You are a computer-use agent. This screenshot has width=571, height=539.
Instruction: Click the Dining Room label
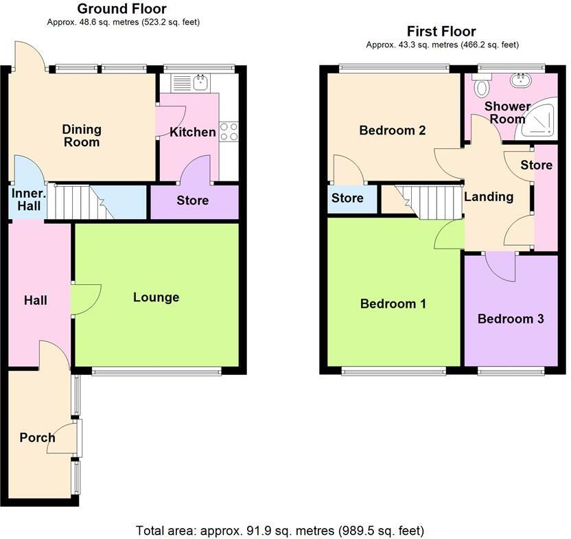[82, 136]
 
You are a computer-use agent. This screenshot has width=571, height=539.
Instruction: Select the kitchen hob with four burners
[228, 130]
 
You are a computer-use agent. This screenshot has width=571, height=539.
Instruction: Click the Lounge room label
[156, 297]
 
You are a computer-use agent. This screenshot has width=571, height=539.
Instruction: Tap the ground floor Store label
[193, 201]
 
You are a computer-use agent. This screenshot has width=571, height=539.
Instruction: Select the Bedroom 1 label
[393, 303]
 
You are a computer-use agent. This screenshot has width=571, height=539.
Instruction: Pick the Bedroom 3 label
[511, 319]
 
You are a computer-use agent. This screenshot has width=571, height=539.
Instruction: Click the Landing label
[489, 197]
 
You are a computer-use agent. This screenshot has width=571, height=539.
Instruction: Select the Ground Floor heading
[121, 9]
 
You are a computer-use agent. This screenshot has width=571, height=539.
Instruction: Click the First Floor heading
[441, 32]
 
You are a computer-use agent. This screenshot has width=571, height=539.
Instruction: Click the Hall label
[35, 300]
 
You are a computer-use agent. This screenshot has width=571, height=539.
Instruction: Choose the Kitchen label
[193, 132]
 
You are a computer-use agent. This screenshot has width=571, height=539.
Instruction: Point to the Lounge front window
[156, 372]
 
